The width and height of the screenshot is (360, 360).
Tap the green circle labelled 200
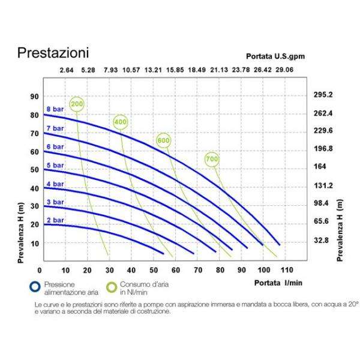pyautogui.click(x=77, y=104)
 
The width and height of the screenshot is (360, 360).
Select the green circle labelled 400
pyautogui.click(x=120, y=122)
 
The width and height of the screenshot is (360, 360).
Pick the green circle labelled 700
pyautogui.click(x=212, y=159)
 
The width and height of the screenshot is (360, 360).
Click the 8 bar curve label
pyautogui.click(x=55, y=109)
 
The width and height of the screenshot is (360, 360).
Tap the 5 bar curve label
pyautogui.click(x=55, y=165)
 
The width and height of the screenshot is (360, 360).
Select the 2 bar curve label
pyautogui.click(x=55, y=220)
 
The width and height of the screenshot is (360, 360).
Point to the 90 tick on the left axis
pyautogui.click(x=34, y=96)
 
